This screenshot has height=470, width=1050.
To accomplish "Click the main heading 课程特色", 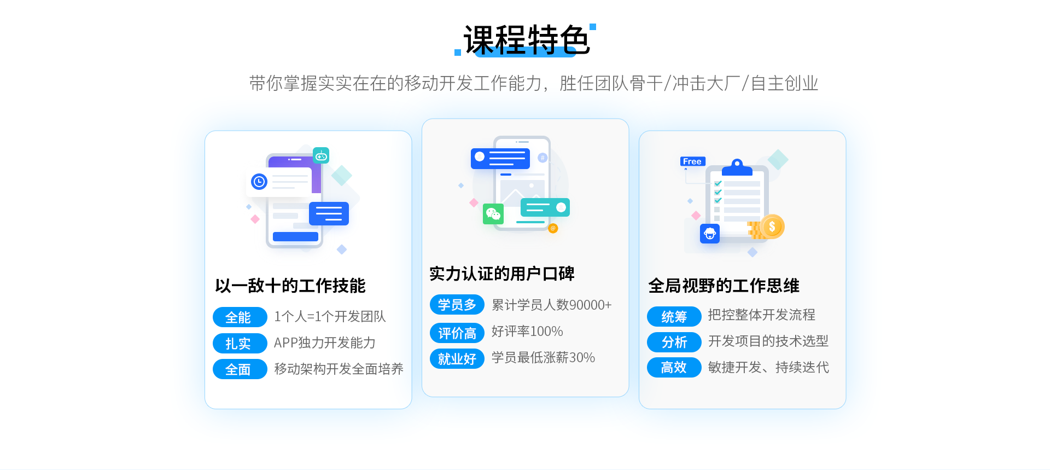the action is (x=527, y=40).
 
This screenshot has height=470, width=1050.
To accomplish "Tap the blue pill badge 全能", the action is (x=240, y=317).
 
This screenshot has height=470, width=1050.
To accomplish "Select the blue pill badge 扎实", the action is (x=240, y=344).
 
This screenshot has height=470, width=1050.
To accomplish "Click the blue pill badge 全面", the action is (x=240, y=369).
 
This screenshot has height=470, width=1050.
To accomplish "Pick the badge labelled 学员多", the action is (x=457, y=305).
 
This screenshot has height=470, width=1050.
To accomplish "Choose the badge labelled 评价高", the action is (x=457, y=333).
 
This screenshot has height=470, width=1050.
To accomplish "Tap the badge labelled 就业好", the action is (x=457, y=359).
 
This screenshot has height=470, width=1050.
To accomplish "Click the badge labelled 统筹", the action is (x=674, y=316).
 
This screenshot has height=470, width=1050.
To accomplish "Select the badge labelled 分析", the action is (x=674, y=342).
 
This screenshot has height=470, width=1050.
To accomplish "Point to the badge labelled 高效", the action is (x=674, y=368).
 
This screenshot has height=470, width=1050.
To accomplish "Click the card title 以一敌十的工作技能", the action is (x=290, y=286).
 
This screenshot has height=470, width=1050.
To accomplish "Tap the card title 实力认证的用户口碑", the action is (x=501, y=274).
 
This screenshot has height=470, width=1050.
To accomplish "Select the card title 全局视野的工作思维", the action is (x=724, y=286).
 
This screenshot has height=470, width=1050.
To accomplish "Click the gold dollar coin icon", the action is (x=772, y=226).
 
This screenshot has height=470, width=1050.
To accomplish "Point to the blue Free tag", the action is (x=692, y=161).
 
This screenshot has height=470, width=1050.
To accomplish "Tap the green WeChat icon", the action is (x=493, y=214).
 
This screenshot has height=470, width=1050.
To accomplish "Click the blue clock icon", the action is (x=259, y=181).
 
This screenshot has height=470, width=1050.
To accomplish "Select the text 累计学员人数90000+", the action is (x=551, y=305).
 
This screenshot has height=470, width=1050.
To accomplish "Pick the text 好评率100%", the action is (x=527, y=331).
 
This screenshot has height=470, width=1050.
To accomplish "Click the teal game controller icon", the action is (x=321, y=156).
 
